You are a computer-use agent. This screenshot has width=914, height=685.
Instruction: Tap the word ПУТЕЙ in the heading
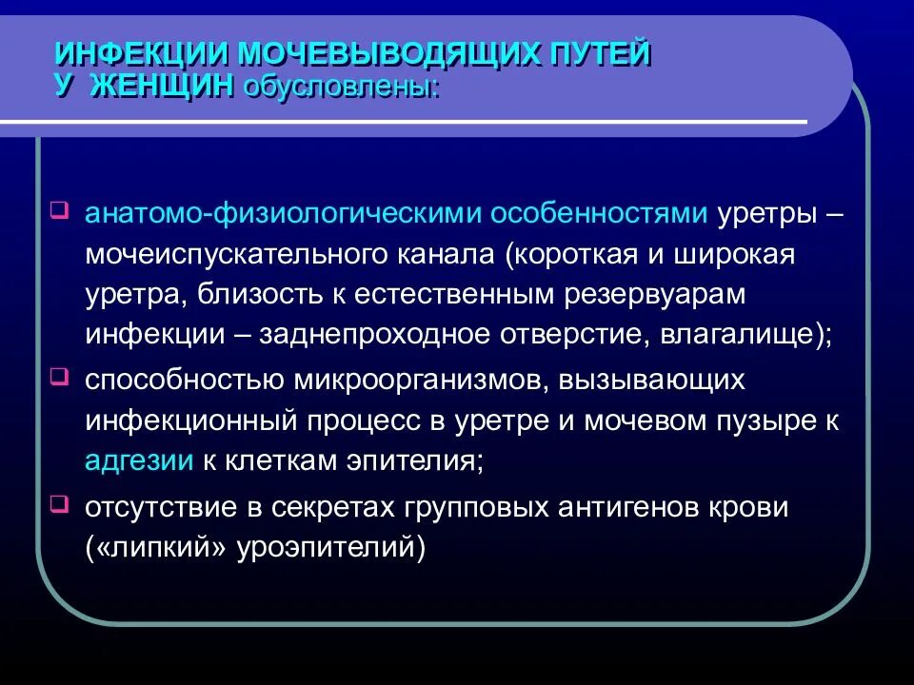pos(597,54)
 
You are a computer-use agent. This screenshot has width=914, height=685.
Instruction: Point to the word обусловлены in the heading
pos(341,88)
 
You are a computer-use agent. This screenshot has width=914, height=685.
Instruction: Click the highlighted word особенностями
pos(598,213)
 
